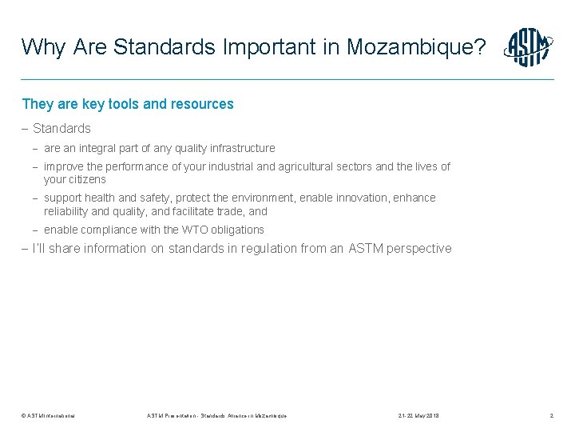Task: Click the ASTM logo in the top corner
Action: tap(528, 47)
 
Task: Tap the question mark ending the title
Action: tap(479, 47)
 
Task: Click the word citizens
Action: tap(85, 179)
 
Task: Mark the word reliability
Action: tap(65, 211)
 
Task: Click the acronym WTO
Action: tap(188, 230)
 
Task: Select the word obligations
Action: tap(235, 230)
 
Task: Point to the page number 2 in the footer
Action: tap(551, 416)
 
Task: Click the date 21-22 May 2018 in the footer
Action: tap(418, 416)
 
